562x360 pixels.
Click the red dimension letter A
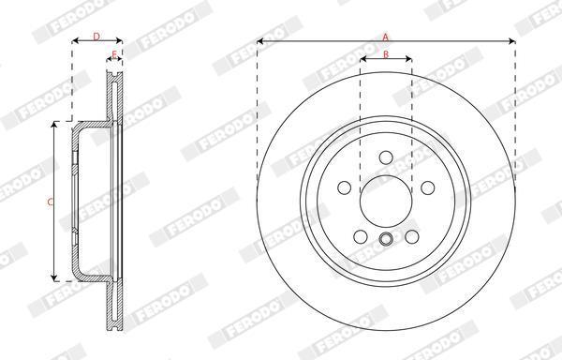[385, 37]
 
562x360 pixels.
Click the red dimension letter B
[386, 55]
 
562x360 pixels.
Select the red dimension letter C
[51, 202]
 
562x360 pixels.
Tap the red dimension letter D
[96, 37]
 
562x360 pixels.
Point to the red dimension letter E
[114, 55]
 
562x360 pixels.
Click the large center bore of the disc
[385, 202]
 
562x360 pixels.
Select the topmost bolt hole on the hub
[386, 157]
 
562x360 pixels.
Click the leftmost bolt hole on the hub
[344, 187]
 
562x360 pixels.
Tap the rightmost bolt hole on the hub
[428, 187]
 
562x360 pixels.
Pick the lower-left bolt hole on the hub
[361, 236]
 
